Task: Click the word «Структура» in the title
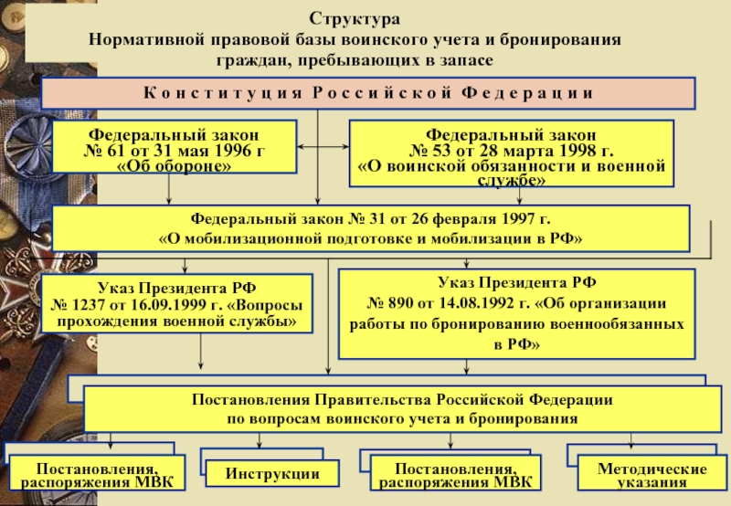(355, 19)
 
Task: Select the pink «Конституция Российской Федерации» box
(368, 93)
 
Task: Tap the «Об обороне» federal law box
(175, 147)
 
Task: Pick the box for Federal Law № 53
(512, 153)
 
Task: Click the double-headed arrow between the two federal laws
(323, 147)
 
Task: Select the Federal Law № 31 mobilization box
(371, 228)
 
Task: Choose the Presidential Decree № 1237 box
(176, 303)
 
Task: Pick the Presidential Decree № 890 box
(516, 314)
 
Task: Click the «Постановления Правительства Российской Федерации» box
(402, 408)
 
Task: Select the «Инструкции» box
(272, 473)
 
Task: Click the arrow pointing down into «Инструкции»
(260, 440)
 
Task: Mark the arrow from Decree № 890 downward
(467, 366)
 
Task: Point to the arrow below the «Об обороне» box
(169, 189)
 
